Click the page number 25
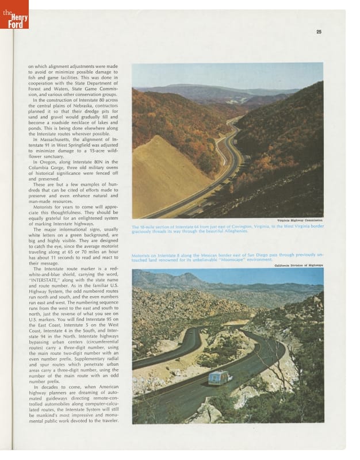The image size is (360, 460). [x=319, y=32]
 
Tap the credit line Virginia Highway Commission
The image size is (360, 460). [x=300, y=220]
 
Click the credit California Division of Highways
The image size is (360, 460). [x=298, y=265]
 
